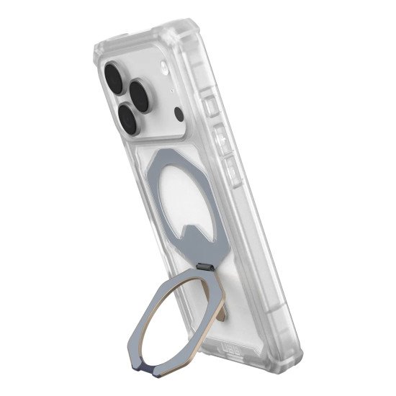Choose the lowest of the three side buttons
232,172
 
